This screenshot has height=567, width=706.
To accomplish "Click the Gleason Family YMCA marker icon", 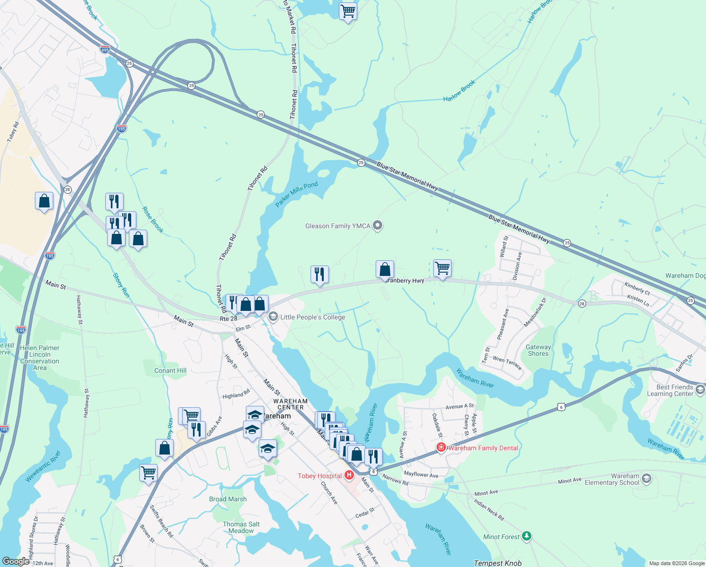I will [378, 226].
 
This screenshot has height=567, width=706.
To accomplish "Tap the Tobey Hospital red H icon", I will [349, 475].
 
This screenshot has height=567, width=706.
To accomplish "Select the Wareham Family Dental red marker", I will [441, 447].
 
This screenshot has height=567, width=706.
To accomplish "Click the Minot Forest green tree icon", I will [527, 536].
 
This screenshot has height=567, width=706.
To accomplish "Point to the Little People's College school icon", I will [273, 317].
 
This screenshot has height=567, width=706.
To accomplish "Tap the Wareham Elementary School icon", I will [647, 479].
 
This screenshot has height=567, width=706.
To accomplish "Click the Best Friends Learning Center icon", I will [700, 390].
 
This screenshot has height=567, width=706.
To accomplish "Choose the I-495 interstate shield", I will [105, 49].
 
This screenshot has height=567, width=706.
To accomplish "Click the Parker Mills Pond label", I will [296, 194].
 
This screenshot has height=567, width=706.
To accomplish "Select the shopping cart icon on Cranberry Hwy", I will [442, 268].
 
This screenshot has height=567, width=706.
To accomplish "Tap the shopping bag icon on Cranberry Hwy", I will [385, 269].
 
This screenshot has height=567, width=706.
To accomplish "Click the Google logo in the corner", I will [16, 561].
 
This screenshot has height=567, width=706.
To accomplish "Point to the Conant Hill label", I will [170, 370].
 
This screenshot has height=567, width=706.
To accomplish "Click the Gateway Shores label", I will [538, 350].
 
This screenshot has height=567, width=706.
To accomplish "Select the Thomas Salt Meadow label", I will [241, 527].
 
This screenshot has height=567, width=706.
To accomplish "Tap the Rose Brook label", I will [153, 220].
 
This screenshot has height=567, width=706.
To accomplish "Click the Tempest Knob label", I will [497, 563].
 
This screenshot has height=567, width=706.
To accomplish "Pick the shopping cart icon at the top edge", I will [348, 10].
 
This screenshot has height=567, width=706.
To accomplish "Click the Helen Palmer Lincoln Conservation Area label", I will [40, 358].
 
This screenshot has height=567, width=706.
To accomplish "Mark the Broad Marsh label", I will [228, 499].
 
